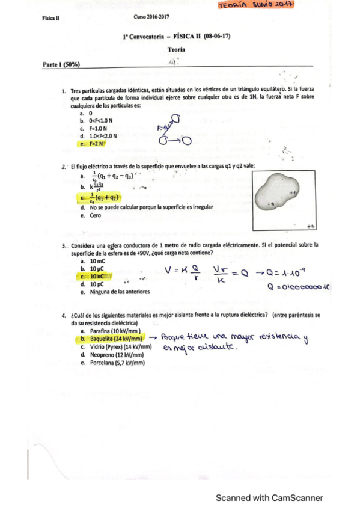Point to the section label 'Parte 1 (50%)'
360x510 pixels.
tap(62, 63)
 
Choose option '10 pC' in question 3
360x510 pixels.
tap(97, 284)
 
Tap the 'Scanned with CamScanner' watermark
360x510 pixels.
tap(270, 497)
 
